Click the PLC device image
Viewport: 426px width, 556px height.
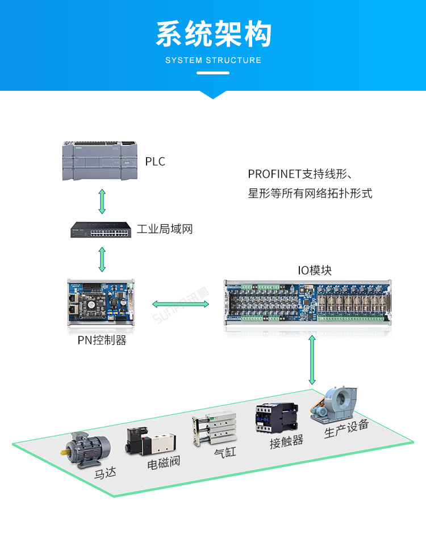(99, 161)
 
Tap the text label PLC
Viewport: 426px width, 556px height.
(155, 162)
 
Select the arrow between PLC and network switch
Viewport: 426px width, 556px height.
(102, 201)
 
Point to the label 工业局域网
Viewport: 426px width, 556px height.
(165, 229)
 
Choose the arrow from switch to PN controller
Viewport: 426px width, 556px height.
(102, 259)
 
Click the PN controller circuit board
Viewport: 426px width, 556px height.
(102, 302)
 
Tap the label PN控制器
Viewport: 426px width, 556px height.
(102, 340)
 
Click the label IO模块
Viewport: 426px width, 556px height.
(315, 271)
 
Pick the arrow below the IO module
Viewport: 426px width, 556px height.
(312, 360)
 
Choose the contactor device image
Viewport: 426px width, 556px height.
(277, 418)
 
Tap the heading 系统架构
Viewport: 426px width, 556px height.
(213, 35)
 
